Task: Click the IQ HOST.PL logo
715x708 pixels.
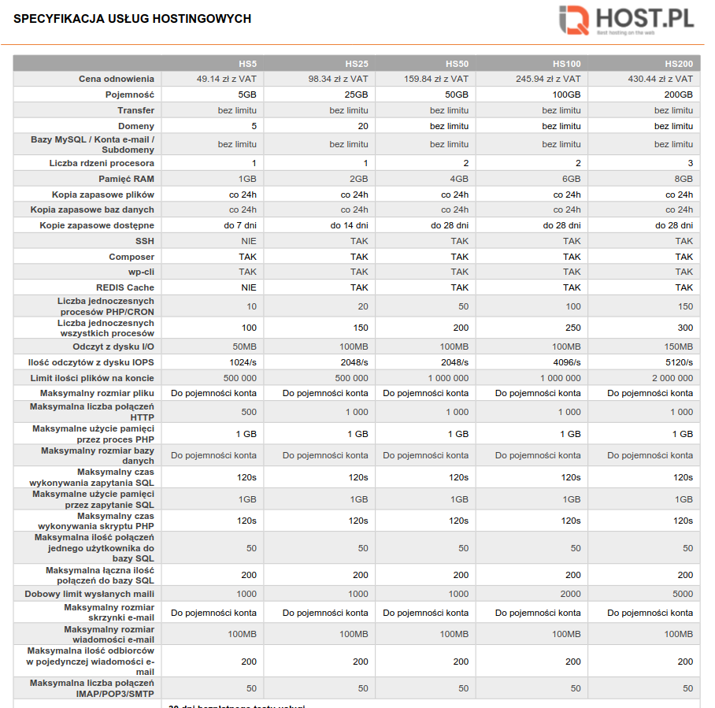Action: click(626, 20)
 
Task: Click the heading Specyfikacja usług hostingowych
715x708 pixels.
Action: click(132, 19)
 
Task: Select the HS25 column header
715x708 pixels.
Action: click(357, 63)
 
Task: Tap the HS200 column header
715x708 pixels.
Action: click(679, 63)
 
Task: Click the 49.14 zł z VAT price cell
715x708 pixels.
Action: click(227, 79)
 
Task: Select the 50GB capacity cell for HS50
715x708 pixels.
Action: click(457, 95)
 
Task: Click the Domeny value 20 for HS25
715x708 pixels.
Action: click(363, 126)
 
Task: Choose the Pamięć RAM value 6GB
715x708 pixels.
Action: click(572, 179)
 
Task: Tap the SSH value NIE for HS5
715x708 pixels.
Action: click(249, 241)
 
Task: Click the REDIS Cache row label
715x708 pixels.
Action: click(125, 287)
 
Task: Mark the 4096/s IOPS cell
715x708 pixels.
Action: click(566, 362)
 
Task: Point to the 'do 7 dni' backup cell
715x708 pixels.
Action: click(240, 225)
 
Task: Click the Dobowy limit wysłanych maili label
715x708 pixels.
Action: click(90, 594)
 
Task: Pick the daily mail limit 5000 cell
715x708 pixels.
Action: click(683, 594)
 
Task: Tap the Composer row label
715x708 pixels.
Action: click(132, 257)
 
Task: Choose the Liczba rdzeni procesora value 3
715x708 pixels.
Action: click(690, 163)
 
